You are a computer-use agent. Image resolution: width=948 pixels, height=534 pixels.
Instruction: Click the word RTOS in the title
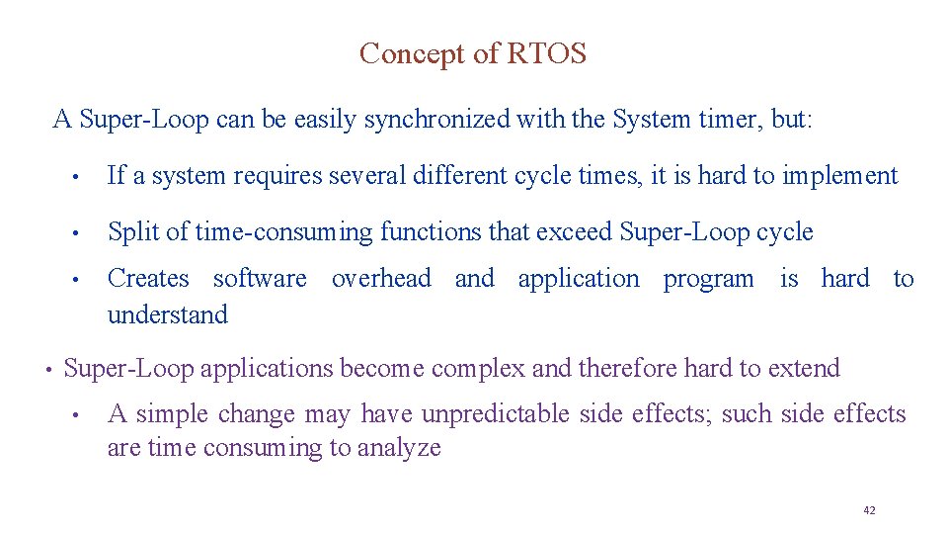[546, 53]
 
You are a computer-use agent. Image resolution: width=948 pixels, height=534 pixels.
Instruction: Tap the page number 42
[869, 510]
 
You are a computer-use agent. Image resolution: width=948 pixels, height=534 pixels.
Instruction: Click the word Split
[132, 232]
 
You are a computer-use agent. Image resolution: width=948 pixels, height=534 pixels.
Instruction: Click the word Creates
[148, 279]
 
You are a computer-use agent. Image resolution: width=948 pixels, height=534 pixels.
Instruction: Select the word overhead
[381, 279]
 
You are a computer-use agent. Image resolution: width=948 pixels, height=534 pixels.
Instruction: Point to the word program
[708, 279]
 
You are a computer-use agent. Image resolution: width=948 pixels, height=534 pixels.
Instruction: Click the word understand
[167, 315]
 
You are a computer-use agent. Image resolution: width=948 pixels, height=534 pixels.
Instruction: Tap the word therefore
[627, 369]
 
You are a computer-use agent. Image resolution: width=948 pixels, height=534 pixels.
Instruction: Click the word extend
[802, 369]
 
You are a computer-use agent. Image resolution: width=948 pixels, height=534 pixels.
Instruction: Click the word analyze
[398, 448]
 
